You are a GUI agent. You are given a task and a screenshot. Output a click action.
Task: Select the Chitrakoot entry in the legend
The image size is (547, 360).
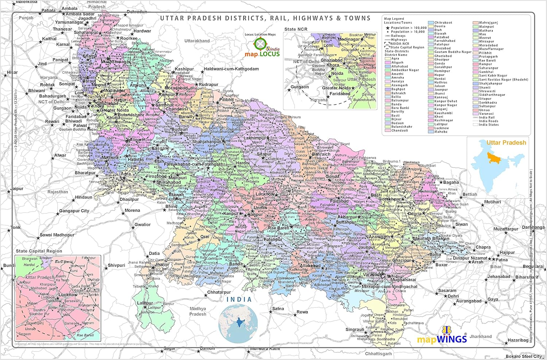pyautogui.click(x=443, y=23)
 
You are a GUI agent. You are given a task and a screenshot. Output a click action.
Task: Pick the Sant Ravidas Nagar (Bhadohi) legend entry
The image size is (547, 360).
pyautogui.click(x=503, y=80)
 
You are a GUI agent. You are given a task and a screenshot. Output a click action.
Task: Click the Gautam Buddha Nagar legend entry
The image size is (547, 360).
pyautogui.click(x=453, y=52)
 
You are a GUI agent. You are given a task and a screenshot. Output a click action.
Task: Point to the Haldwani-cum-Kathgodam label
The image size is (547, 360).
pyautogui.click(x=231, y=69)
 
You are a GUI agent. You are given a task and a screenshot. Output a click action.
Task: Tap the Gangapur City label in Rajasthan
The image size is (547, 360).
pyautogui.click(x=74, y=211)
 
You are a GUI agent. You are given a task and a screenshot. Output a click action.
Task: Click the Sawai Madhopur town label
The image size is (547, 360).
pyautogui.click(x=57, y=235)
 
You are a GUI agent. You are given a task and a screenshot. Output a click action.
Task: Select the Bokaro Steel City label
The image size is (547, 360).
pyautogui.click(x=524, y=356)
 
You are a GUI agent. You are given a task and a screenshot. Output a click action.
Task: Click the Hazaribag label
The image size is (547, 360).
pyautogui.click(x=518, y=340)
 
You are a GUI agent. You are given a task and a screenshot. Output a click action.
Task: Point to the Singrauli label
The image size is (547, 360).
pyautogui.click(x=355, y=329)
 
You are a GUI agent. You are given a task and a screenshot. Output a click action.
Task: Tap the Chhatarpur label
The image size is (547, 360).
pyautogui.click(x=219, y=292)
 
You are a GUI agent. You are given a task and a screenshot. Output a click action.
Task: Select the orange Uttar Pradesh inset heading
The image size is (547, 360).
pyautogui.click(x=506, y=143)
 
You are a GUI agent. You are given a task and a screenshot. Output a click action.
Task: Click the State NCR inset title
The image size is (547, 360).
pyautogui.click(x=296, y=29)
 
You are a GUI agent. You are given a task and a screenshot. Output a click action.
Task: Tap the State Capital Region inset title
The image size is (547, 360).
pyautogui.click(x=39, y=251)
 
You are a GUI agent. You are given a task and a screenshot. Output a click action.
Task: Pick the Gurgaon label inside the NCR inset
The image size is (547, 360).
pyautogui.click(x=300, y=87)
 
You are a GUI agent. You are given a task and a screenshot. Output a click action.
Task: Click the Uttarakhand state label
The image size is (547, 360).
pyautogui.click(x=197, y=41)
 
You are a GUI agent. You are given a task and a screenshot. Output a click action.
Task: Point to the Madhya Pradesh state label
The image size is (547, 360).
pyautogui.click(x=198, y=311)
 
